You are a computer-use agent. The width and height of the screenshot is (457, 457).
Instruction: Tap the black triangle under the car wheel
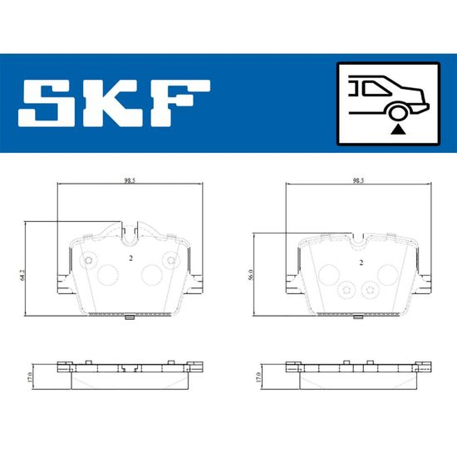[x=398, y=130]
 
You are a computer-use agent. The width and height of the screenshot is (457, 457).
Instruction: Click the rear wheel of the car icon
[x=398, y=111]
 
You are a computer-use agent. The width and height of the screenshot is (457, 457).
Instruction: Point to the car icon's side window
[x=375, y=89]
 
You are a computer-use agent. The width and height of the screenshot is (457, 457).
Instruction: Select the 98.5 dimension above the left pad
[x=130, y=180]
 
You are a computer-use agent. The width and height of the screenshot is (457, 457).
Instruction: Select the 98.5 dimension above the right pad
[x=358, y=180]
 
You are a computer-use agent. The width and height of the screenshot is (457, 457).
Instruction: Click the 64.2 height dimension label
[x=22, y=275]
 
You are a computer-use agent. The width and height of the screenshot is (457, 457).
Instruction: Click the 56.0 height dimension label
[x=251, y=275]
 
